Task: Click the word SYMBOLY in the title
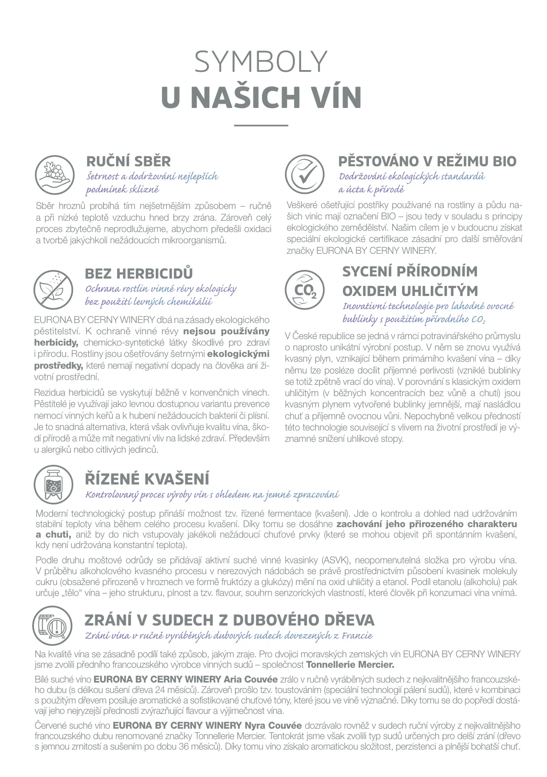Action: [261, 62]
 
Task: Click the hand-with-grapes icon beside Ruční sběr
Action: [54, 175]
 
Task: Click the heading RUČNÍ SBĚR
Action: [128, 161]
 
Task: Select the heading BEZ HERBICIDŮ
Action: [139, 274]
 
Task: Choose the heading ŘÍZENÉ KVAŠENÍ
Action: [147, 479]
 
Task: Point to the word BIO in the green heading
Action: [504, 161]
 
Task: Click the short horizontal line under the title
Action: [261, 125]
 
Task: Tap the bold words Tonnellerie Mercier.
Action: [350, 665]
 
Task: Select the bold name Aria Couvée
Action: [250, 679]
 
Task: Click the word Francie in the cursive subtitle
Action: [357, 636]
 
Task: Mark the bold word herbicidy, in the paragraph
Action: [56, 343]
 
